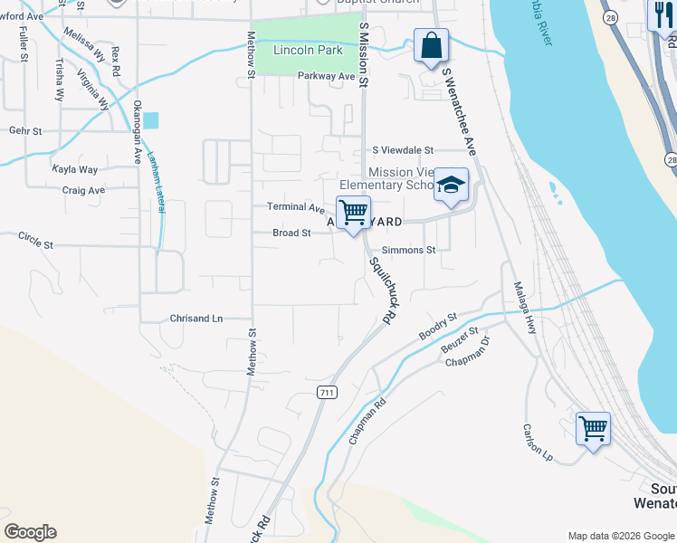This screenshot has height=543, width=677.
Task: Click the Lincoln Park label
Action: (309, 50)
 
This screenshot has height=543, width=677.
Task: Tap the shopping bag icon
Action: (432, 45)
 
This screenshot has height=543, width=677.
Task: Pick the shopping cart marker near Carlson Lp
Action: (593, 429)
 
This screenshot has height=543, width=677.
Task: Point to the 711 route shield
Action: (327, 392)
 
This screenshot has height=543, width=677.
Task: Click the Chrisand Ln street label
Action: (196, 319)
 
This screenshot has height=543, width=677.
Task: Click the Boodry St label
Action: (439, 328)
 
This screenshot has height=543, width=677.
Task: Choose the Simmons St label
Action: (409, 250)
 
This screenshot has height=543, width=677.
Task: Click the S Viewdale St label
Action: (404, 151)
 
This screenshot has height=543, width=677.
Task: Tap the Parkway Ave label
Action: (327, 77)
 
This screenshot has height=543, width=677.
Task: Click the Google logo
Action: (30, 532)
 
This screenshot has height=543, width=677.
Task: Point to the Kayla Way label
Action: (75, 169)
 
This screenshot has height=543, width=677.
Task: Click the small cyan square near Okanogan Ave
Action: (150, 119)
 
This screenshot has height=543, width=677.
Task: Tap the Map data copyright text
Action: (621, 536)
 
